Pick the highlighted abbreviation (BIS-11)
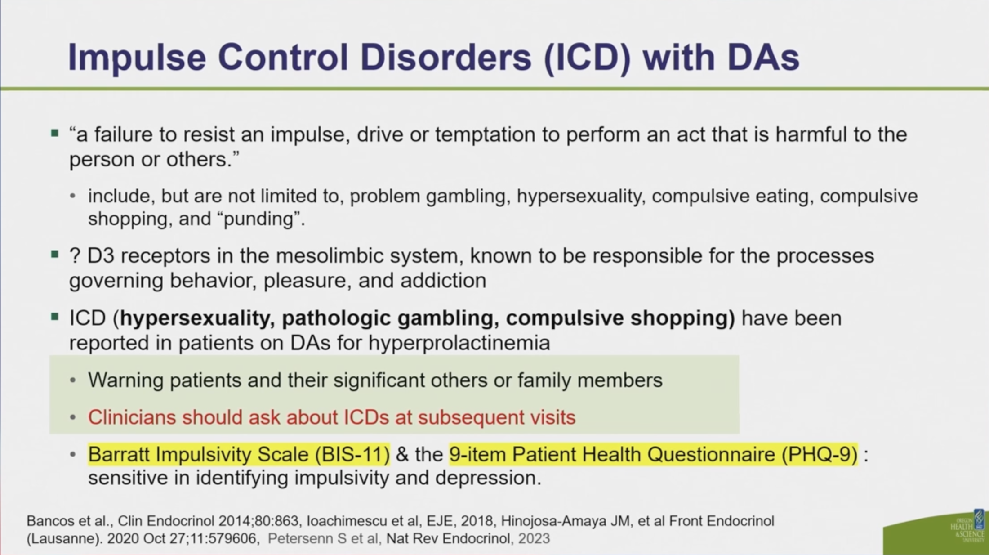pos(352,455)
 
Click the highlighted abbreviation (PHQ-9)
pos(820,455)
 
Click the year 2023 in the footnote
pos(534,539)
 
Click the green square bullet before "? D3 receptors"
pos(55,255)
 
